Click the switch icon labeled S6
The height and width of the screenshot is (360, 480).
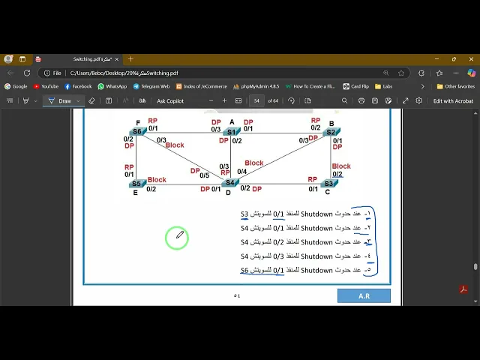(136, 132)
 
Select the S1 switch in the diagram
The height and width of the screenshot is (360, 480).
(231, 132)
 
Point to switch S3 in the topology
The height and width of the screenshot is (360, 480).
(328, 183)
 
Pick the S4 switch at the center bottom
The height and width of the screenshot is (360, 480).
(230, 182)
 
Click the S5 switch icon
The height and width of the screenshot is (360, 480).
(136, 184)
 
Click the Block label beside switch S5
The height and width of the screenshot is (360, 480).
(157, 180)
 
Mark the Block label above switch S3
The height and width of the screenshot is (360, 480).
(341, 166)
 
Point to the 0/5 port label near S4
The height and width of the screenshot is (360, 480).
(204, 175)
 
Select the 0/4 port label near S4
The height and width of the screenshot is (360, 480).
(241, 172)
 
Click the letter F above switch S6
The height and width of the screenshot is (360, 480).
(138, 123)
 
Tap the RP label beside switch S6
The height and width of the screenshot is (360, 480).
(152, 121)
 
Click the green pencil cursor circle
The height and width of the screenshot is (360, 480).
(177, 238)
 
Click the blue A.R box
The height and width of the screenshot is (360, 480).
(364, 295)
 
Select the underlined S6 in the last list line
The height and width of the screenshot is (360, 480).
(244, 270)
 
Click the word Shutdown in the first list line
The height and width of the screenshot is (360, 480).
(316, 214)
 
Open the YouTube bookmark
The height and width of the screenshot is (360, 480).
(46, 86)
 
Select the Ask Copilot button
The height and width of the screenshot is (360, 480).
(169, 100)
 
